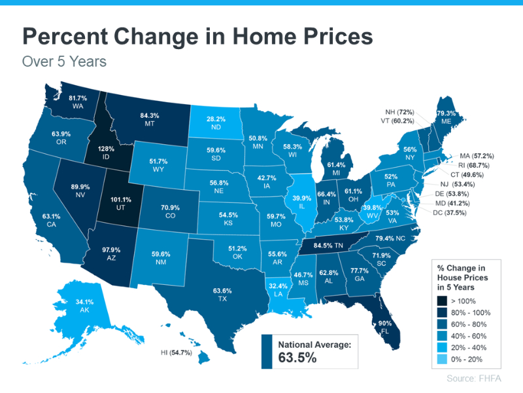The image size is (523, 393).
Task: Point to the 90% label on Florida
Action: (384, 323)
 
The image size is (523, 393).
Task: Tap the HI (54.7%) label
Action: (179, 353)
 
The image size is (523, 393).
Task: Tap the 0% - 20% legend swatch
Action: (443, 358)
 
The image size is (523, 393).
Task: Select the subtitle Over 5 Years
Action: (64, 62)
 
